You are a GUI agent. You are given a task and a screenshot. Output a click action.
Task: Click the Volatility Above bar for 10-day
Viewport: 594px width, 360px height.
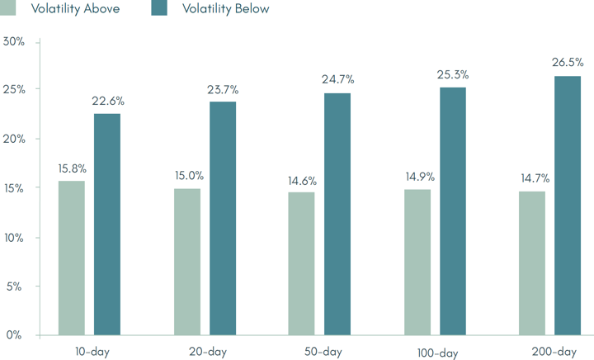tap(71, 258)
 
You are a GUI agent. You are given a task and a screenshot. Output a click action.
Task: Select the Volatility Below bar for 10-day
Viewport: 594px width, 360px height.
tap(107, 225)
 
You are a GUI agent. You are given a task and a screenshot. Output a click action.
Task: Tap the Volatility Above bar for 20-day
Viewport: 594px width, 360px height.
tap(187, 262)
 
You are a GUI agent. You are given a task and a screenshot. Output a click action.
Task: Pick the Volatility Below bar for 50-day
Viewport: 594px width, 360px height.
tap(337, 215)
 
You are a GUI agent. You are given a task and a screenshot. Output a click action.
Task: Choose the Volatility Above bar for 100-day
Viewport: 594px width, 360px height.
tap(417, 262)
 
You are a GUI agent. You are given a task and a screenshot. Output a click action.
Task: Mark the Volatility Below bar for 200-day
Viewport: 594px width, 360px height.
tap(568, 206)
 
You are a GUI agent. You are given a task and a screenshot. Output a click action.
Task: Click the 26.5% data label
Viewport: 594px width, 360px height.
tap(568, 62)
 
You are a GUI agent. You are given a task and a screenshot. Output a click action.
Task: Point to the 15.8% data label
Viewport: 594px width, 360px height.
tap(72, 168)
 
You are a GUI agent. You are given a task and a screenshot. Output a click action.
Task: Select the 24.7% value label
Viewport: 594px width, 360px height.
tap(337, 80)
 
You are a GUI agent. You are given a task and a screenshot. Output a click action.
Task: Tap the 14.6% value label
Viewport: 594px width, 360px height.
tap(301, 180)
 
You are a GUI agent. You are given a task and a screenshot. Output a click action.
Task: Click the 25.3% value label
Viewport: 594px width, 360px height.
tap(452, 75)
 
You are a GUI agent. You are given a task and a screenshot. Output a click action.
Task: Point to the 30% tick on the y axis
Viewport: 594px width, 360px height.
tap(14, 41)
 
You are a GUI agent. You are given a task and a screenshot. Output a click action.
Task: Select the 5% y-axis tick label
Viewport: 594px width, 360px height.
tap(16, 287)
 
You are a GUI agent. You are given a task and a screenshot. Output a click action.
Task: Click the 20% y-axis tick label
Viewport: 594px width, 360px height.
tap(14, 139)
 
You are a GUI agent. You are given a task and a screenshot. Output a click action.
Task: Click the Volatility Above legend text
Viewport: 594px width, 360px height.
tap(75, 9)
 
